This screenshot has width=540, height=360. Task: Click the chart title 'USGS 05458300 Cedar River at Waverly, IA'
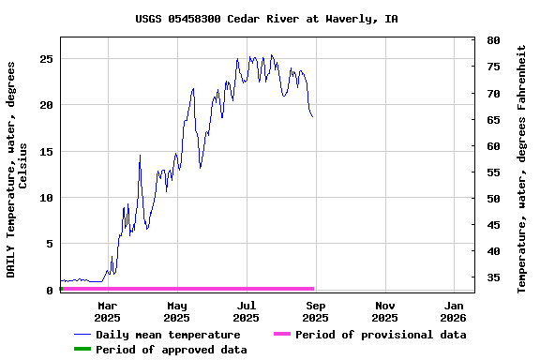266,19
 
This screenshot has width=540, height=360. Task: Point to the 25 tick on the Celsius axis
46,59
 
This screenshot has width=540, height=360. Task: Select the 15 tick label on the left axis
46,152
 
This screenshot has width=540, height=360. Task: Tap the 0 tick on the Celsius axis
50,291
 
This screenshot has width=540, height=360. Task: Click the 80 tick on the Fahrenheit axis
492,41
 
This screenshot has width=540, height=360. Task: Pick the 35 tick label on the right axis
492,277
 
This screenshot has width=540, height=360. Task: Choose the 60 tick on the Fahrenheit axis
492,146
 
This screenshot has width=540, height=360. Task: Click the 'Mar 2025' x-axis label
108,311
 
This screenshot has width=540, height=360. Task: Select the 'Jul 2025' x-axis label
246,311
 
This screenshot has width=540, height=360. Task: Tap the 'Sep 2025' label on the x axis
316,311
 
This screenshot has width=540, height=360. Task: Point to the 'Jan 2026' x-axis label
454,311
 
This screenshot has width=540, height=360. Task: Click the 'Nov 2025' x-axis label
385,311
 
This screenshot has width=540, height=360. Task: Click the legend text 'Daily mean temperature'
168,335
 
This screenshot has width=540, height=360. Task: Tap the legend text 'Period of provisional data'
381,335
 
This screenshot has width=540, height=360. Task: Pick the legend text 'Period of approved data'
172,350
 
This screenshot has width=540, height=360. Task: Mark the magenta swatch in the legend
282,335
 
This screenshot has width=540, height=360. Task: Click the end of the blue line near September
313,117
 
